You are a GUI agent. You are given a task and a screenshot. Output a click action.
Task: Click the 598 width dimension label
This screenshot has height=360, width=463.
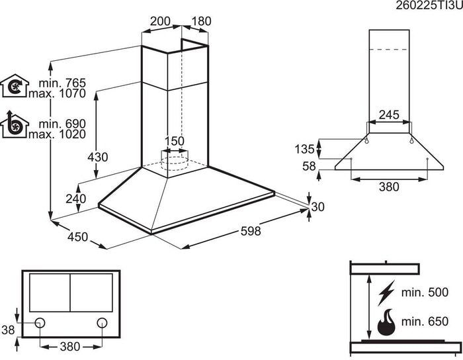tap(251, 231)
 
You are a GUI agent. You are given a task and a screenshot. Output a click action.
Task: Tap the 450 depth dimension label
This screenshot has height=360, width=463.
tap(77, 236)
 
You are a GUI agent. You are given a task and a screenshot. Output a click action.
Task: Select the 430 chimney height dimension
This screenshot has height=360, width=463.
tap(98, 157)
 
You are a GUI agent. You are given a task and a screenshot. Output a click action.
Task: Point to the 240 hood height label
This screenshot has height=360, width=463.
tap(76, 199)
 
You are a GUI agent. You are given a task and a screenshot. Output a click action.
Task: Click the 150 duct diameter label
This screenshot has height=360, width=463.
tap(174, 141)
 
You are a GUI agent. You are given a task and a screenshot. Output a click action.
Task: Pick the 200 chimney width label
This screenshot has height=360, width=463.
tap(160, 21)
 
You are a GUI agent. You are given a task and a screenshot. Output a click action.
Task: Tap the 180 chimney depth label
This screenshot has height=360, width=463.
tap(201, 21)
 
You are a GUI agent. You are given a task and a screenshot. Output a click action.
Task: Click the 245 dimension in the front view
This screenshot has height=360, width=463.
tap(389, 115)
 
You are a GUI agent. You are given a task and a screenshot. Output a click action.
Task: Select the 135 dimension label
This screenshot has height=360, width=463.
tap(304, 149)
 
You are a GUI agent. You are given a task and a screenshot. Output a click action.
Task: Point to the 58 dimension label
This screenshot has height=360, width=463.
tap(309, 166)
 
